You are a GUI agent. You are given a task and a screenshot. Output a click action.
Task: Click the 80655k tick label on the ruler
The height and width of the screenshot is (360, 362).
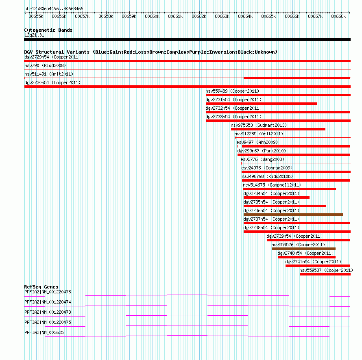(36, 16)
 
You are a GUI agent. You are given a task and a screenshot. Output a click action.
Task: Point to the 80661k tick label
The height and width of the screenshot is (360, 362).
(175, 16)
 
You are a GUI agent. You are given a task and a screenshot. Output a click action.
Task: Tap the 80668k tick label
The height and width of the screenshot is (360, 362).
(338, 16)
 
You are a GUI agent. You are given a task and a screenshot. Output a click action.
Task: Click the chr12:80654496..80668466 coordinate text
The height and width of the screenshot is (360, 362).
(54, 9)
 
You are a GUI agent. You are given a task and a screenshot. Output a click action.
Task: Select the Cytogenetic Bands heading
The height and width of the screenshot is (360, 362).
(48, 30)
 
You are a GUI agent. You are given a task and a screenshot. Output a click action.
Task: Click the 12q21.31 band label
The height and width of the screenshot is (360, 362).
(34, 35)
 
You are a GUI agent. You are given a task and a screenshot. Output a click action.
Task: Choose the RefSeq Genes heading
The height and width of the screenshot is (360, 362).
(41, 287)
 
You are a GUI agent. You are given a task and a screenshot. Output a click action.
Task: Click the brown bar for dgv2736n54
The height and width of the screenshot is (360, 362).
(293, 215)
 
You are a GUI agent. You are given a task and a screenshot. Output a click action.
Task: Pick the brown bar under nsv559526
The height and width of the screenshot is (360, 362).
(303, 249)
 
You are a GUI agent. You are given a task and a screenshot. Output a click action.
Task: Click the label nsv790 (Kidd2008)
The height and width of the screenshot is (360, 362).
(45, 65)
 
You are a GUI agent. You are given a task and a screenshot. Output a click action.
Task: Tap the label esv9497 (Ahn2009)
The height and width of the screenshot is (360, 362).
(257, 142)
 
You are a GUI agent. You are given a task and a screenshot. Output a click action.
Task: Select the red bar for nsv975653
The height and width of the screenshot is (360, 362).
(278, 129)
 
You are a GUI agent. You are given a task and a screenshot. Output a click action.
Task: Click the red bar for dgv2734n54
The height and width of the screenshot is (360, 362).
(276, 197)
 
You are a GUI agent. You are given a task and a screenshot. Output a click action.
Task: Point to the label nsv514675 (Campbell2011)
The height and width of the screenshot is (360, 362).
(272, 185)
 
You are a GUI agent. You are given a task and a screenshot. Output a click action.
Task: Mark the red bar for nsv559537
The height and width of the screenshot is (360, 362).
(325, 274)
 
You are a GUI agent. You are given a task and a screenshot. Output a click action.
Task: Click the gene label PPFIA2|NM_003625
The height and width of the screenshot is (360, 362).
(44, 332)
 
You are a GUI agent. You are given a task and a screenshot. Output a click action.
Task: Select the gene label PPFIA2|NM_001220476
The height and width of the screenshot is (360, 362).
(48, 292)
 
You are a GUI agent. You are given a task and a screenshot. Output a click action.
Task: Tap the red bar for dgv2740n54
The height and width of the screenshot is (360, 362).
(307, 257)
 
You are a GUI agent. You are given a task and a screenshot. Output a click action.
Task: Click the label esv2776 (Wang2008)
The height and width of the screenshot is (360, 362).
(262, 159)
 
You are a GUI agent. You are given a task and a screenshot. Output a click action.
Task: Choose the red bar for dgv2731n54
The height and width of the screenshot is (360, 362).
(261, 104)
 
